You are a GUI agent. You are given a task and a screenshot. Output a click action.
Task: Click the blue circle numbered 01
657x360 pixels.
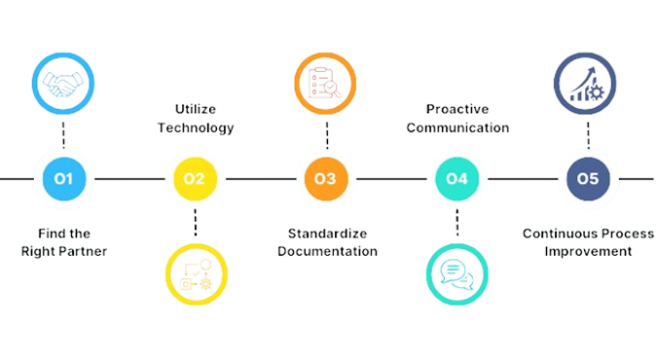pyautogui.click(x=65, y=178)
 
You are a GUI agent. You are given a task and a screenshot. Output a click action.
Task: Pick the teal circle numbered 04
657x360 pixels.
pyautogui.click(x=456, y=178)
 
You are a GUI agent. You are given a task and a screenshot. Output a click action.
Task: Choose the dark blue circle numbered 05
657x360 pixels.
pyautogui.click(x=588, y=178)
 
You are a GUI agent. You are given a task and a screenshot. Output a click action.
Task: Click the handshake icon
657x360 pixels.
pyautogui.click(x=65, y=87)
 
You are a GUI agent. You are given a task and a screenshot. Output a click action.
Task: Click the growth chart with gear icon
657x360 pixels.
pyautogui.click(x=588, y=87)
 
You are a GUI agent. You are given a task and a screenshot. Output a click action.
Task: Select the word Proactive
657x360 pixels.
pyautogui.click(x=457, y=110)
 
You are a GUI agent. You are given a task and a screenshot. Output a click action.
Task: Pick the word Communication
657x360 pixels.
pyautogui.click(x=457, y=126)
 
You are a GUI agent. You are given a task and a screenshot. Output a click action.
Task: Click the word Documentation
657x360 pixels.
pyautogui.click(x=327, y=250)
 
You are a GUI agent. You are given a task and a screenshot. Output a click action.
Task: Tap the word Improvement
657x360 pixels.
pyautogui.click(x=588, y=250)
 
